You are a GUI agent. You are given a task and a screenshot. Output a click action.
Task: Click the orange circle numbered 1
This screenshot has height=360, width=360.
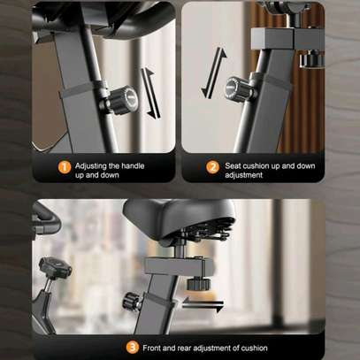pyautogui.click(x=65, y=167)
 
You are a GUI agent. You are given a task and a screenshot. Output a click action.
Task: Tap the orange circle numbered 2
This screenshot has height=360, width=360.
pyautogui.click(x=212, y=167)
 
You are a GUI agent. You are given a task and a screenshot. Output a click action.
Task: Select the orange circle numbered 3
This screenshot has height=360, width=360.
pyautogui.click(x=133, y=348)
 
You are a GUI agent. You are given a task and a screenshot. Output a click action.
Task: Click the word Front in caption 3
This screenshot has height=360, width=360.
pyautogui.click(x=152, y=348)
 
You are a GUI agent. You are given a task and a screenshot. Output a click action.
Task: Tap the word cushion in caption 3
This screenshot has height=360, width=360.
pyautogui.click(x=255, y=348)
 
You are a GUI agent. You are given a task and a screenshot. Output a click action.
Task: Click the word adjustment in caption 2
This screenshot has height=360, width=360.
pyautogui.click(x=244, y=175)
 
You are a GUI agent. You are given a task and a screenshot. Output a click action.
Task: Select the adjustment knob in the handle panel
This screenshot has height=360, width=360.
pyautogui.click(x=122, y=100)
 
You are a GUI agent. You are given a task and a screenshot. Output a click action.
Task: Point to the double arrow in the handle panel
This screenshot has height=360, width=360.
pyautogui.click(x=150, y=93)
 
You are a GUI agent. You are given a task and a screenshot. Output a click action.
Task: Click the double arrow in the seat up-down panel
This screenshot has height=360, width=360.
pyautogui.click(x=214, y=73)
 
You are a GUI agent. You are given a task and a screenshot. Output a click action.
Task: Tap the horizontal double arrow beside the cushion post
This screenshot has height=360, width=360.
pyautogui.click(x=203, y=304)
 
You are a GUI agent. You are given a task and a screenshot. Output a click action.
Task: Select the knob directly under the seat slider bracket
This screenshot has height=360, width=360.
pyautogui.click(x=198, y=284)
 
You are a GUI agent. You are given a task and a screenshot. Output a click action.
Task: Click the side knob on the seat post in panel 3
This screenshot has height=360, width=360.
pyautogui.click(x=132, y=301)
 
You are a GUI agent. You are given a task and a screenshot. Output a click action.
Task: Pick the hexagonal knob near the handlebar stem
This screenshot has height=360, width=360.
pyautogui.click(x=55, y=268)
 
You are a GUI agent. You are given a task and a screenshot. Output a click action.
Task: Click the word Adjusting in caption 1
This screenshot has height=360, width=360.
pyautogui.click(x=90, y=166)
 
